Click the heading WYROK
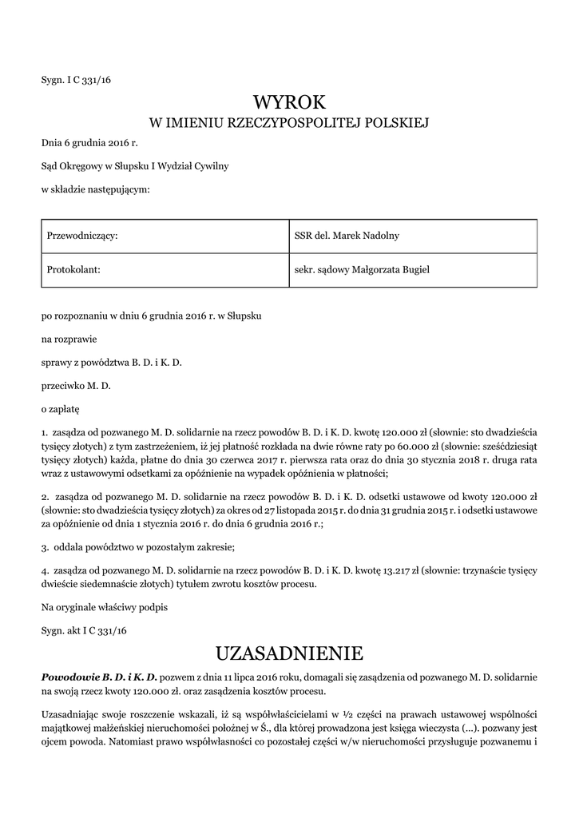click(x=290, y=101)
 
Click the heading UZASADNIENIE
click(x=290, y=653)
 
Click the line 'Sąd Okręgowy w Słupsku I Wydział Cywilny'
click(x=135, y=166)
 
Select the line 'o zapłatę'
click(x=61, y=408)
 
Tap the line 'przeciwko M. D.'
click(x=76, y=385)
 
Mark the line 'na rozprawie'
click(x=69, y=339)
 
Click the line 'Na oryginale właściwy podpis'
click(x=105, y=607)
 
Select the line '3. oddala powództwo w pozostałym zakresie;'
click(x=138, y=548)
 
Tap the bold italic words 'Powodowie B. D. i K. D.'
click(x=100, y=677)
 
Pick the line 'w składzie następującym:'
click(x=95, y=189)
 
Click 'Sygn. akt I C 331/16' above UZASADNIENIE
click(x=85, y=630)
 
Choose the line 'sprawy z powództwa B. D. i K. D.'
click(x=112, y=362)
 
